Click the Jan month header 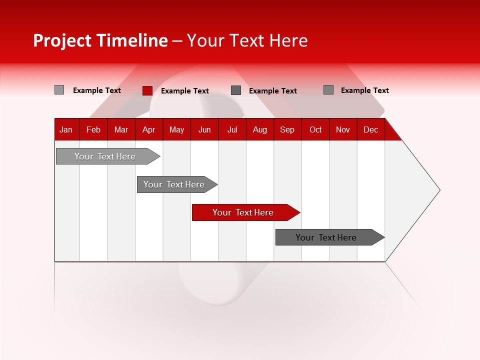pos(66,129)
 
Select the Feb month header pos(93,129)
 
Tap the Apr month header pos(149,129)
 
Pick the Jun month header pos(204,129)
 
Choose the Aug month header pos(260,129)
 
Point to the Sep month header pos(287,129)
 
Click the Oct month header pos(315,129)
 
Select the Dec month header pos(371,129)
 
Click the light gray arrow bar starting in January pos(105,156)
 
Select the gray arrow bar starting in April pos(174,184)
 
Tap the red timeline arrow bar pos(243,212)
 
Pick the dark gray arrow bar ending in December pos(326,237)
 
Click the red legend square pos(147,90)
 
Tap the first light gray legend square pos(59,90)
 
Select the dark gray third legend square pos(236,90)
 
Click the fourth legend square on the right pos(328,90)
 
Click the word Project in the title pos(62,40)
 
